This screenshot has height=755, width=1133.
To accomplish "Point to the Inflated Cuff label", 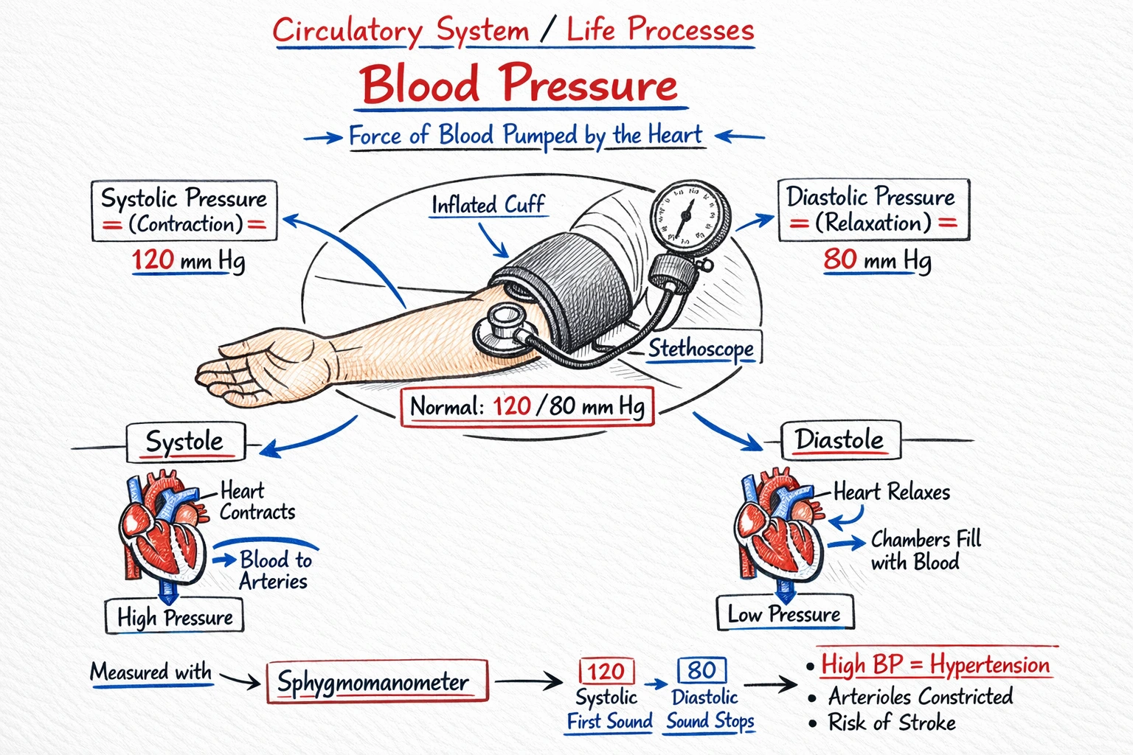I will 488,205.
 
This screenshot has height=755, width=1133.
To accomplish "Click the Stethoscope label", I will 701,349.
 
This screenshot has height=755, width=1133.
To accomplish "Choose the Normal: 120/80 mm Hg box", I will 527,406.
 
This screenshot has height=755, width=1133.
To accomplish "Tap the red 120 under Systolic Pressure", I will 153,260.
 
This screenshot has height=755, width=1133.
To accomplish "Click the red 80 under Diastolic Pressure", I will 840,260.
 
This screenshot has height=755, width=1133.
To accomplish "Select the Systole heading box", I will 184,442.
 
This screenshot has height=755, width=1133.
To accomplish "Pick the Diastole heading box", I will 839,440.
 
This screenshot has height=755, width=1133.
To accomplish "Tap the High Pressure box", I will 174,617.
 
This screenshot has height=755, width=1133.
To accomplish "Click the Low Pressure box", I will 785,613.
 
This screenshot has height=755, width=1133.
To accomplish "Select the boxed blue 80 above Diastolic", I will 701,670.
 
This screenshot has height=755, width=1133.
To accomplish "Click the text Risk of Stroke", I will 892,723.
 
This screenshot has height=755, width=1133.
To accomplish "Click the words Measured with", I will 151,672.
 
